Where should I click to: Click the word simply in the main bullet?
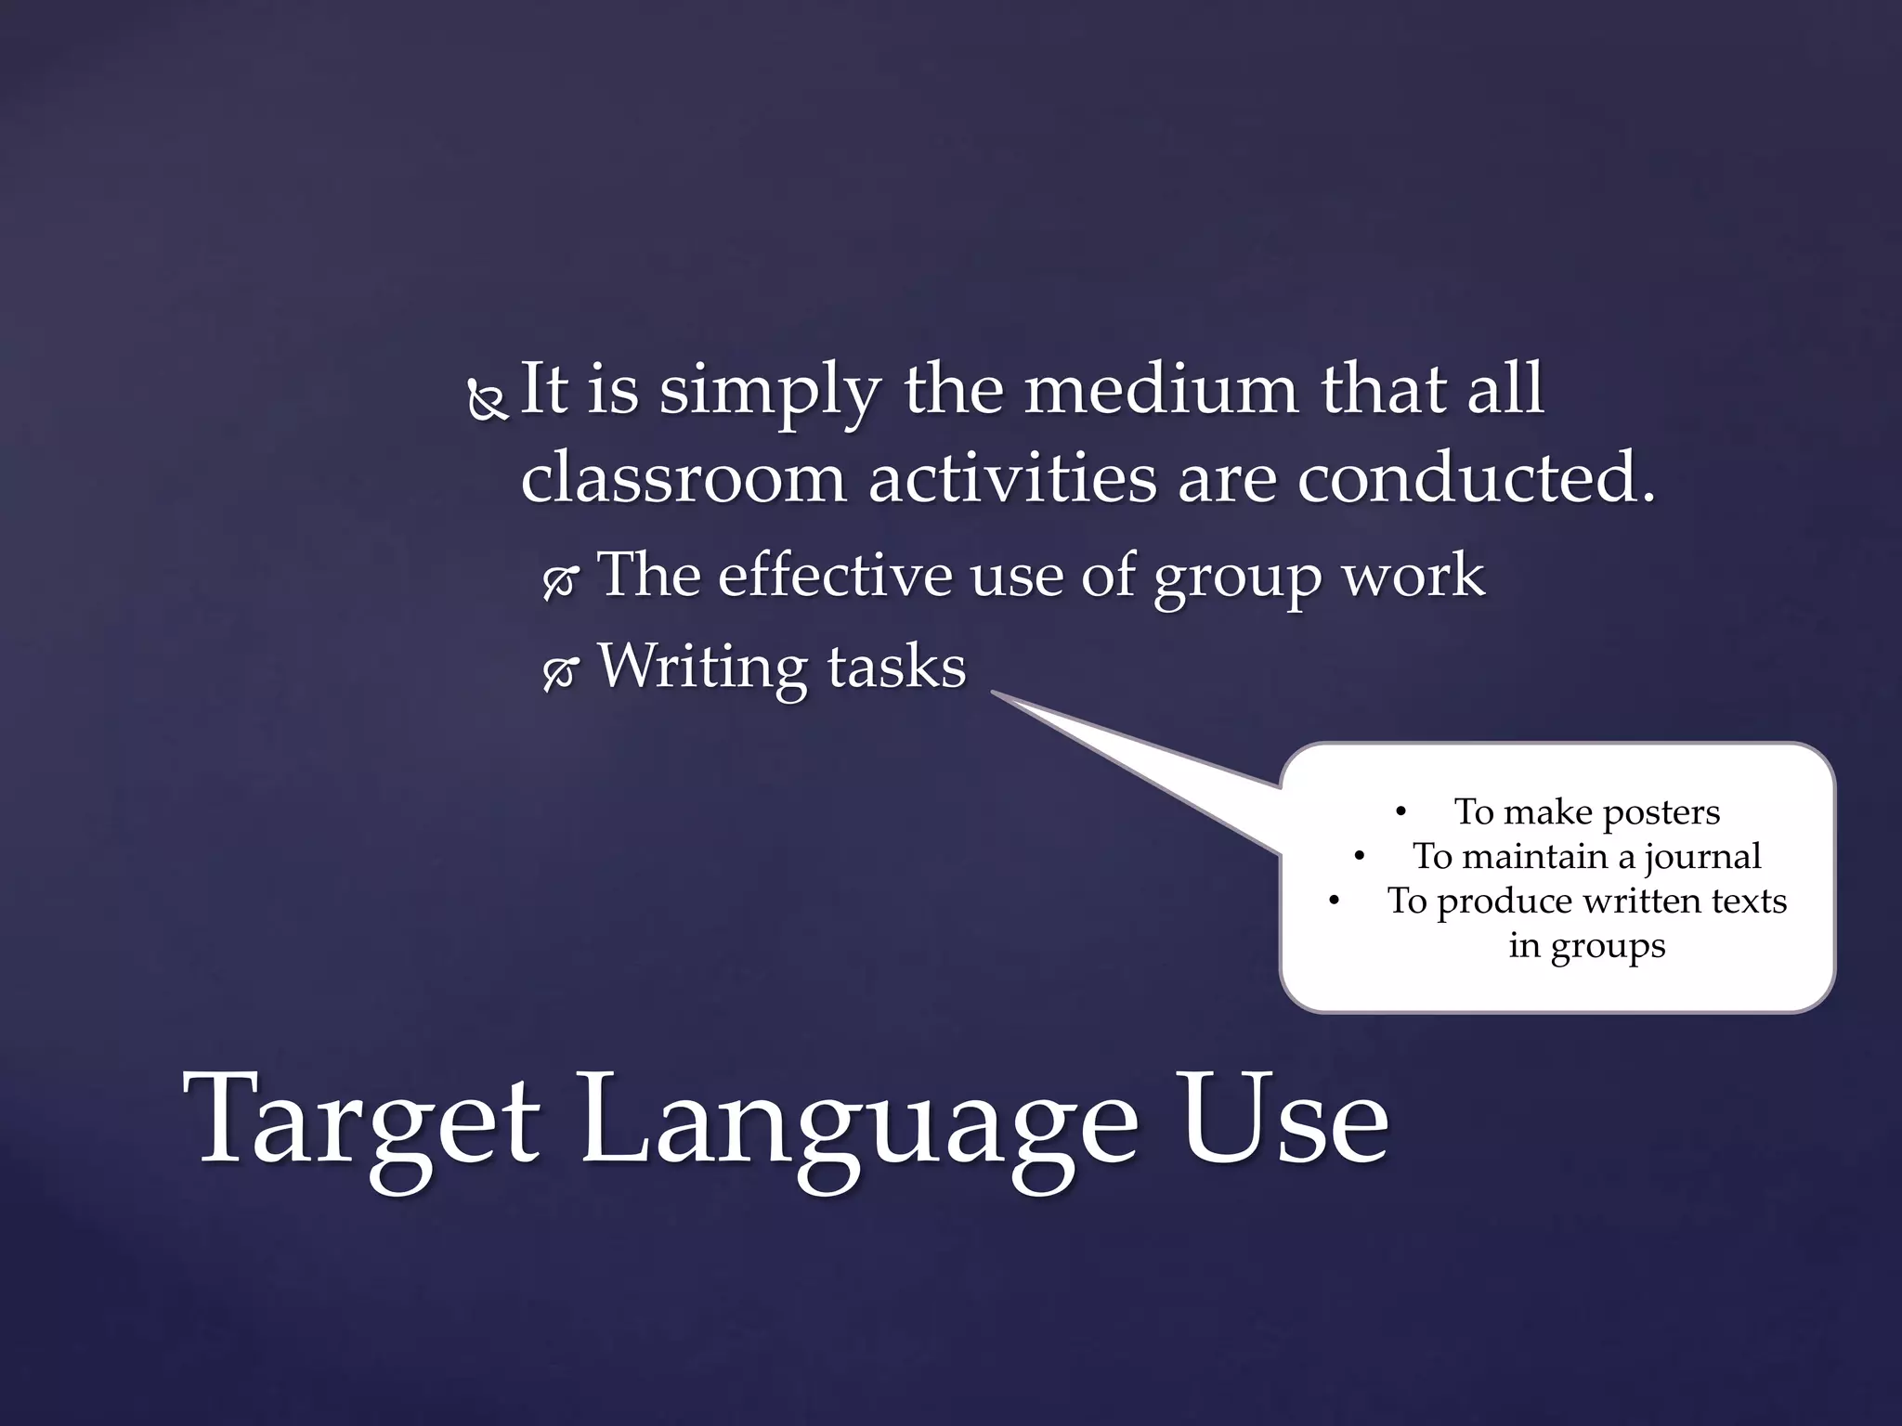point(770,392)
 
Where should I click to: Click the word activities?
point(1011,477)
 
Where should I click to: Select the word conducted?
point(1476,477)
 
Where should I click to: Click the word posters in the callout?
point(1661,812)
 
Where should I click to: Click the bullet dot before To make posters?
point(1401,812)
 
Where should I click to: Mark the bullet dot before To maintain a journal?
point(1360,857)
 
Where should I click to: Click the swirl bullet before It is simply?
point(486,400)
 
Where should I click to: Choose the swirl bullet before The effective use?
point(560,581)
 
